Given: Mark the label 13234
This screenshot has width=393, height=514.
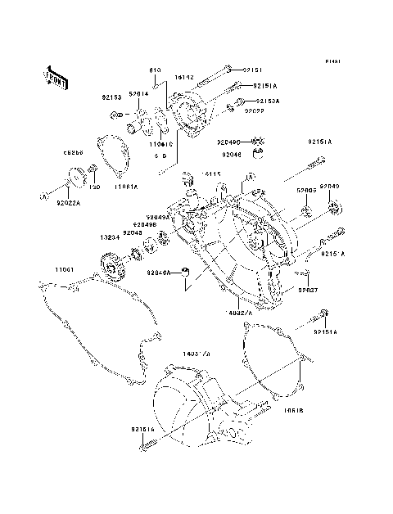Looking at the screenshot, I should click(x=111, y=238).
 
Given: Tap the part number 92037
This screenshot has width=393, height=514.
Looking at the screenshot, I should click(x=308, y=290).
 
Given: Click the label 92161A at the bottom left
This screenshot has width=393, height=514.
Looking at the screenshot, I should click(x=142, y=427).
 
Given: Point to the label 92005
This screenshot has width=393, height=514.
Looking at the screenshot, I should click(x=306, y=190).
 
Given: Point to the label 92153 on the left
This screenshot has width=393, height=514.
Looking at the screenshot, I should click(x=111, y=97).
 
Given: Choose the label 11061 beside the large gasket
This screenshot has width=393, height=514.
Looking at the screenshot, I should click(x=65, y=269).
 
